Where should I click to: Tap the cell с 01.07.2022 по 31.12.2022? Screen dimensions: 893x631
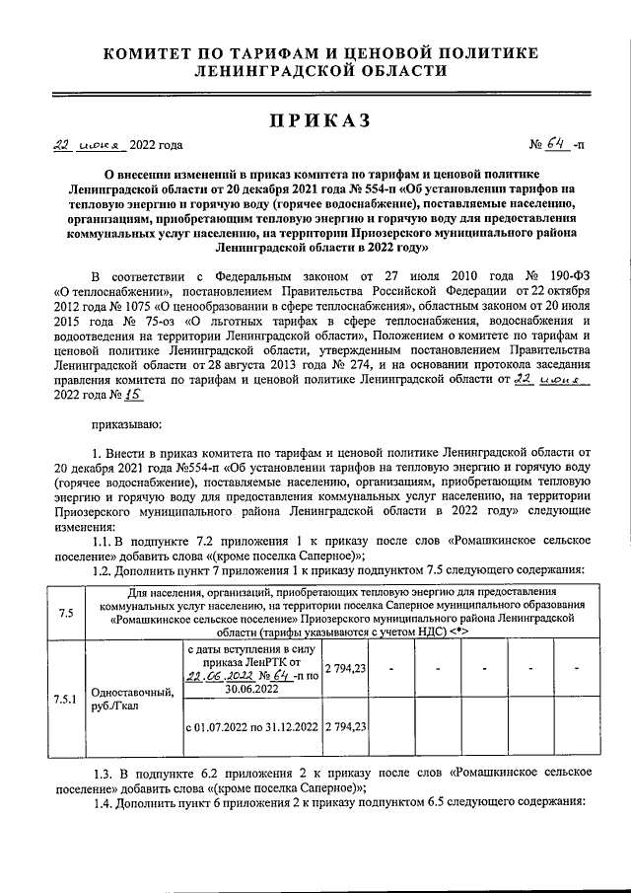tap(252, 727)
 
